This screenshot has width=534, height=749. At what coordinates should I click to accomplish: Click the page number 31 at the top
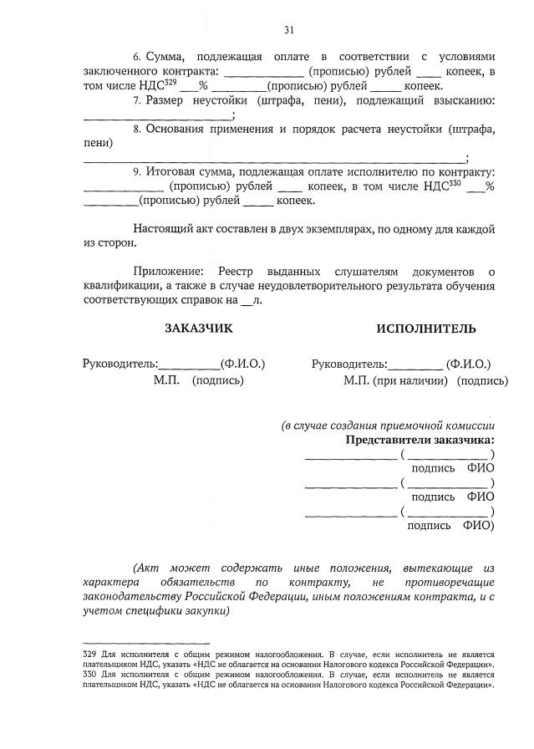tap(289, 30)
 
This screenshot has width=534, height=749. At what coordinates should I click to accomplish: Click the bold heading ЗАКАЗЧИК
tap(199, 329)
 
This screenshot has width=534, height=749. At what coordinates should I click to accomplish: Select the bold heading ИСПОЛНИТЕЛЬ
tap(426, 329)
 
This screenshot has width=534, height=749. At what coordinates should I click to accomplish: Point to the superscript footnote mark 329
tap(170, 83)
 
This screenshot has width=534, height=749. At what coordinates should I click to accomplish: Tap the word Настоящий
tap(163, 228)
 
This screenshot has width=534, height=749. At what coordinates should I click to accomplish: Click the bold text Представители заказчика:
tap(420, 440)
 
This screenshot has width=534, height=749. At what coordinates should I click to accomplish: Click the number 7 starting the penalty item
tap(136, 100)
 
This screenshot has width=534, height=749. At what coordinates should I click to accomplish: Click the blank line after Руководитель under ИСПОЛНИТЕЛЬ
tap(416, 366)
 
